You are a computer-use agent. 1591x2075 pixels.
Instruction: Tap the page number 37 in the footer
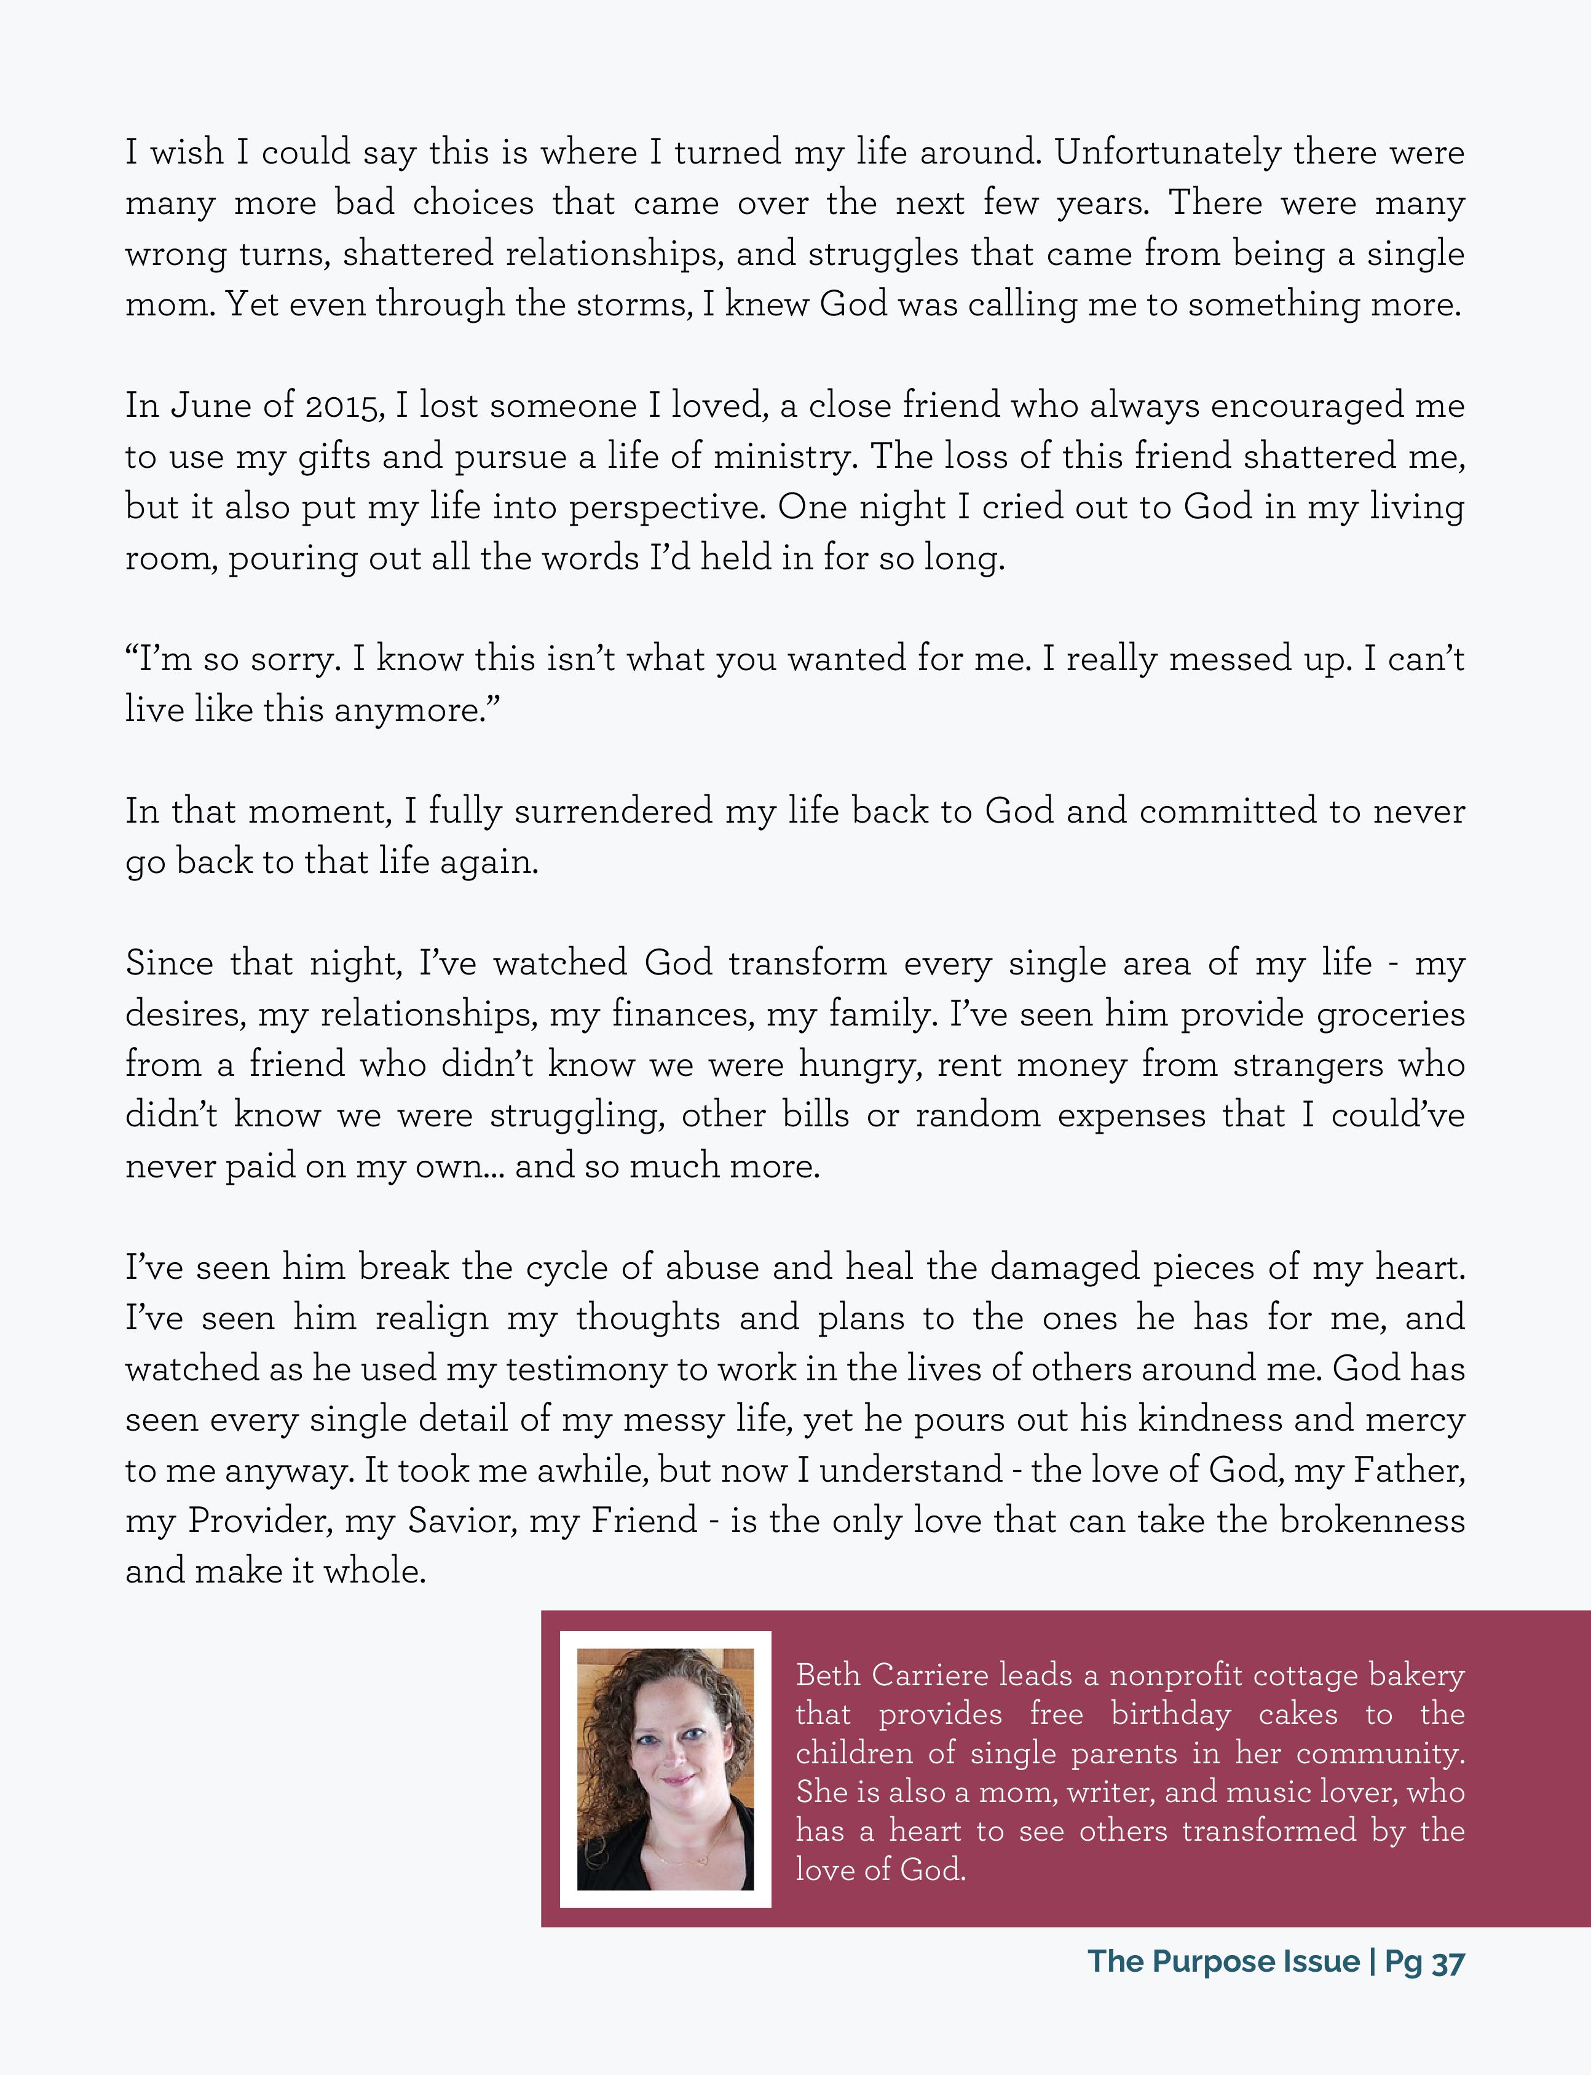click(x=1448, y=1961)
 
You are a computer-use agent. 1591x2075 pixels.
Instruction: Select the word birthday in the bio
click(x=1172, y=1714)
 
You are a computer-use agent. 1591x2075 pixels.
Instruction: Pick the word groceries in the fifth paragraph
click(x=1391, y=1014)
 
